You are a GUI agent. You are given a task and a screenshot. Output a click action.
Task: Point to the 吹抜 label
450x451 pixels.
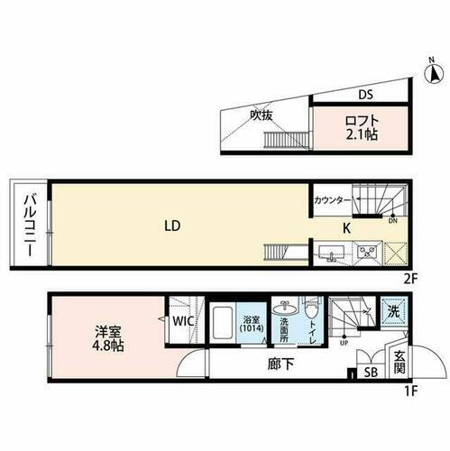pyautogui.click(x=261, y=115)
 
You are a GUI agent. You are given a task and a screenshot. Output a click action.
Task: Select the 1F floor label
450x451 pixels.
pyautogui.click(x=410, y=390)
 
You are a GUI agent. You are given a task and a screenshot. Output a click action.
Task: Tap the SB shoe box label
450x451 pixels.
pyautogui.click(x=371, y=372)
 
